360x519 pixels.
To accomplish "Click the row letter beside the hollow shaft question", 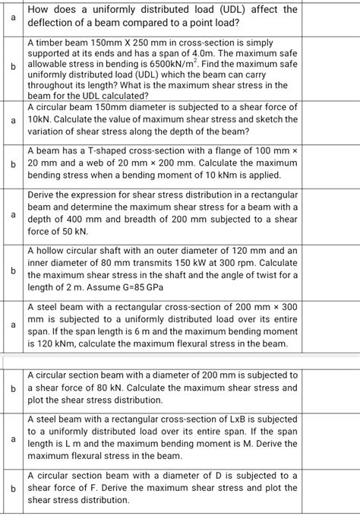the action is [11, 268].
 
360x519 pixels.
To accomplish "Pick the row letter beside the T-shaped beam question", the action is [11, 163].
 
